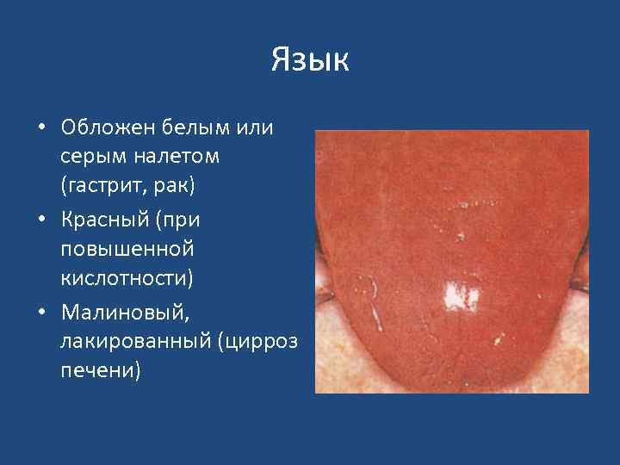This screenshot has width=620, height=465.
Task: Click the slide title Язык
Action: tap(310, 60)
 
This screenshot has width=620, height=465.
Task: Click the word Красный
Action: tap(102, 220)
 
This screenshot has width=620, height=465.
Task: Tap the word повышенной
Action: tap(127, 249)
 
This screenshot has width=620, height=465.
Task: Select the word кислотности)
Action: tap(127, 277)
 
